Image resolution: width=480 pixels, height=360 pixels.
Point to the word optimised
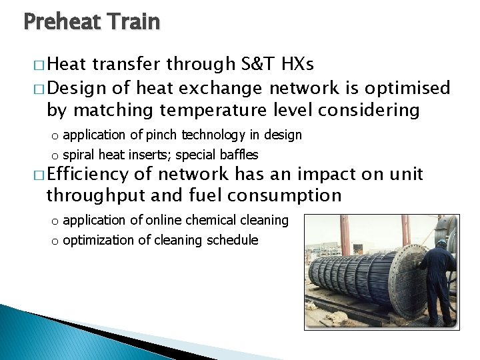(x=408, y=87)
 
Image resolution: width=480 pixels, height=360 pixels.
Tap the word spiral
(x=79, y=155)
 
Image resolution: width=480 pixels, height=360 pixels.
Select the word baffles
(x=238, y=155)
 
